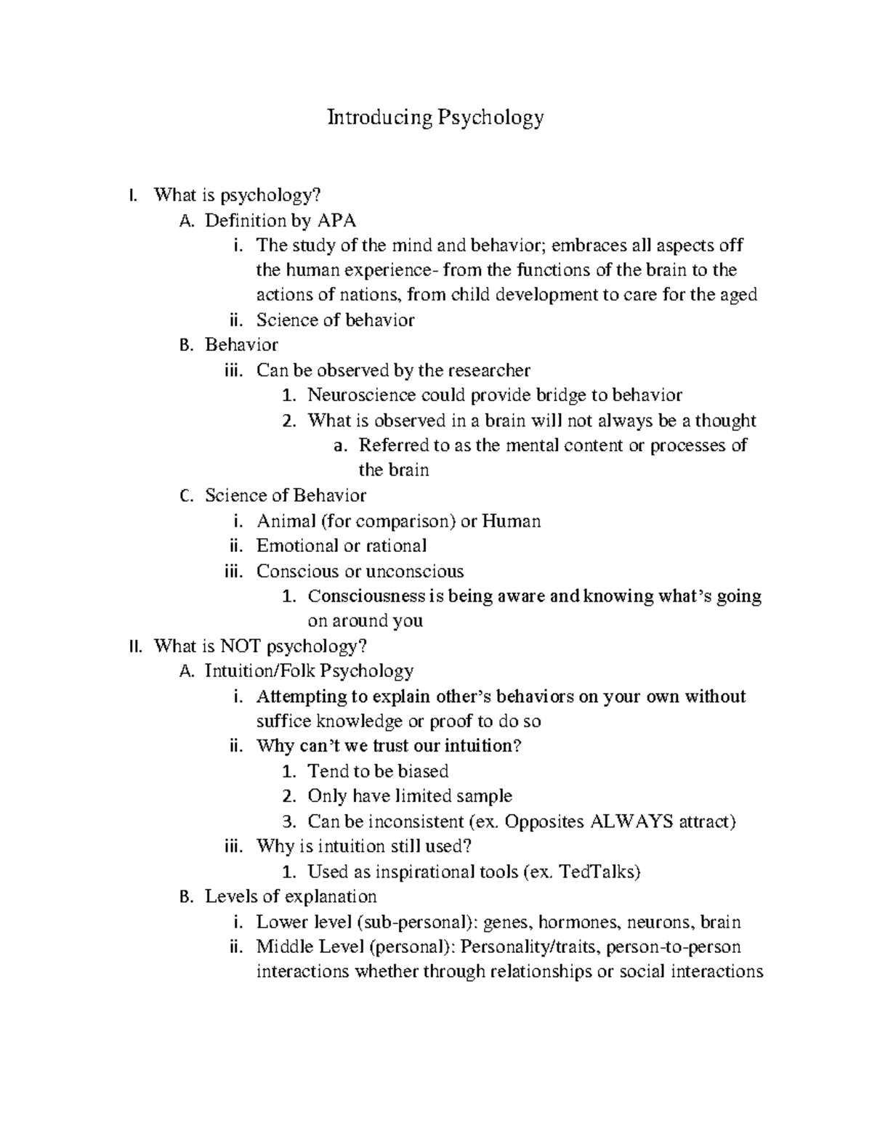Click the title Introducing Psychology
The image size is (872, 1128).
click(x=435, y=117)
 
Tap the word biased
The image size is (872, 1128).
click(x=423, y=771)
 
